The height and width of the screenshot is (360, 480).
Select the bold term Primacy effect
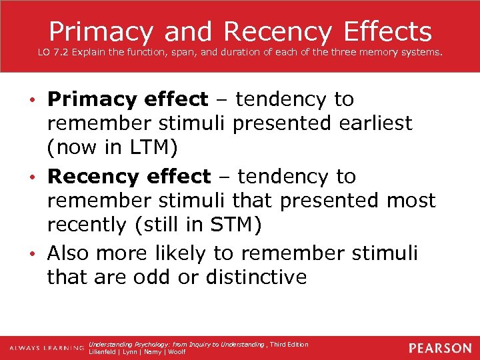pyautogui.click(x=127, y=99)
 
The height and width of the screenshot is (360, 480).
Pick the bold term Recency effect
pyautogui.click(x=129, y=177)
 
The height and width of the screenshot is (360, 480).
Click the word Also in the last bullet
pyautogui.click(x=68, y=253)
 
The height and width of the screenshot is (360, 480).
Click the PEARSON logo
pyautogui.click(x=440, y=348)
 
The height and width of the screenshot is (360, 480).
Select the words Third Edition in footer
pyautogui.click(x=289, y=344)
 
